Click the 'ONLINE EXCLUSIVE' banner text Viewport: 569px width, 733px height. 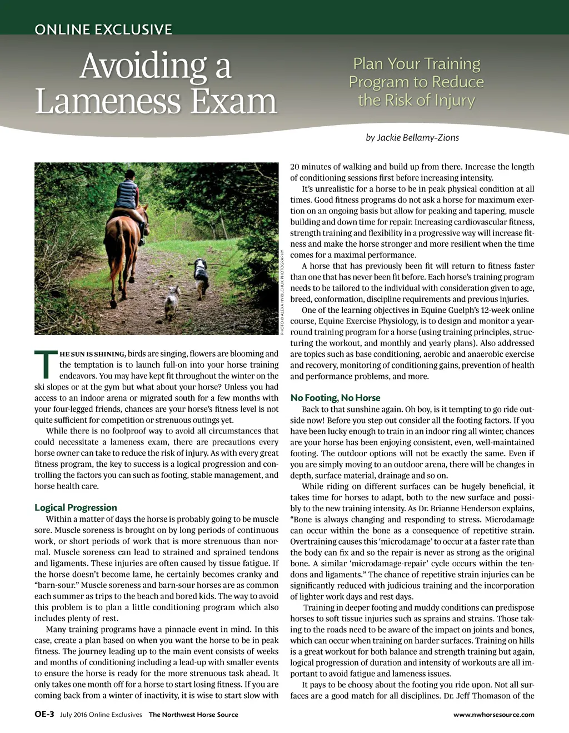(x=103, y=29)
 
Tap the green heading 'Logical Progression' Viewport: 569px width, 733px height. (x=76, y=507)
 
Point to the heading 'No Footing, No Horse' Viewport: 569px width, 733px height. (x=335, y=397)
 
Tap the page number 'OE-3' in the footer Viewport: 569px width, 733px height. (x=44, y=714)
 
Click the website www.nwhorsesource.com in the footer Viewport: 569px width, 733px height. (x=493, y=715)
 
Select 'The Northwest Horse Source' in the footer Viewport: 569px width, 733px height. (x=193, y=715)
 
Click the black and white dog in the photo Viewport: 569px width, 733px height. (x=201, y=276)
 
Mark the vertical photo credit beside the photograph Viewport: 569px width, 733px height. (x=282, y=292)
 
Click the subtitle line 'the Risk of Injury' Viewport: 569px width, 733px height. (x=416, y=101)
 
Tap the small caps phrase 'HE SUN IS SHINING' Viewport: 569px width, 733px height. (x=93, y=354)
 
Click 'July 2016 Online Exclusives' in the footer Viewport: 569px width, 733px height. (x=101, y=715)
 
